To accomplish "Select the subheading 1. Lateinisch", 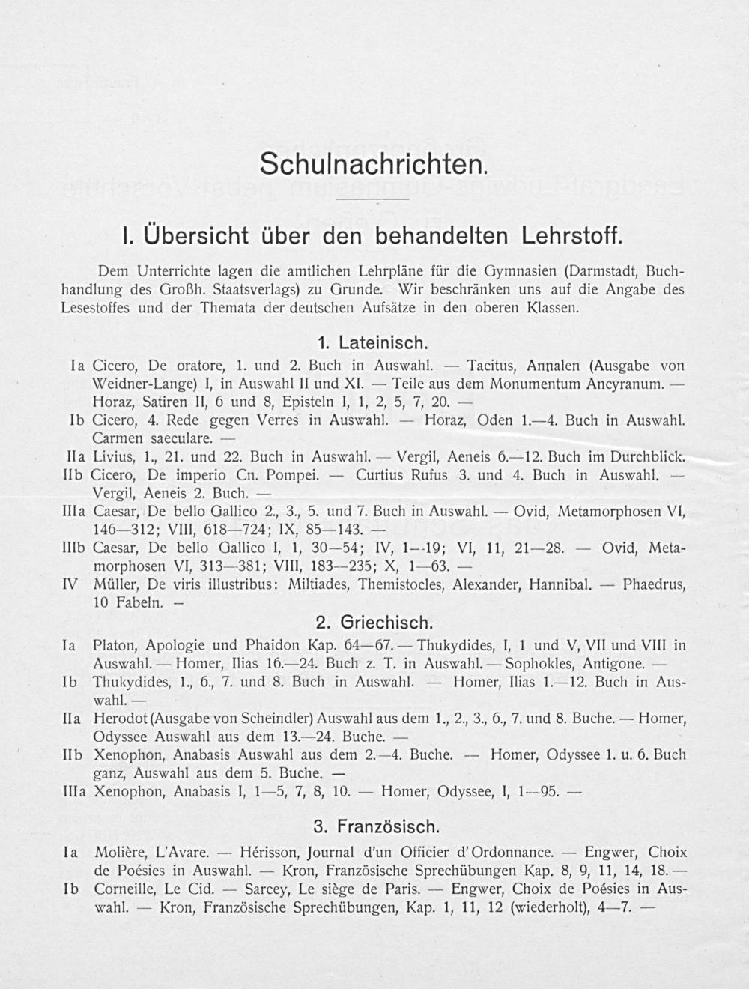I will [372, 344].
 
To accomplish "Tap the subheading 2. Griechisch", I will [373, 623].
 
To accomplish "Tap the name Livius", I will [113, 456].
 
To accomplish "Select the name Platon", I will [115, 645].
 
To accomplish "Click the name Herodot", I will [120, 719].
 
